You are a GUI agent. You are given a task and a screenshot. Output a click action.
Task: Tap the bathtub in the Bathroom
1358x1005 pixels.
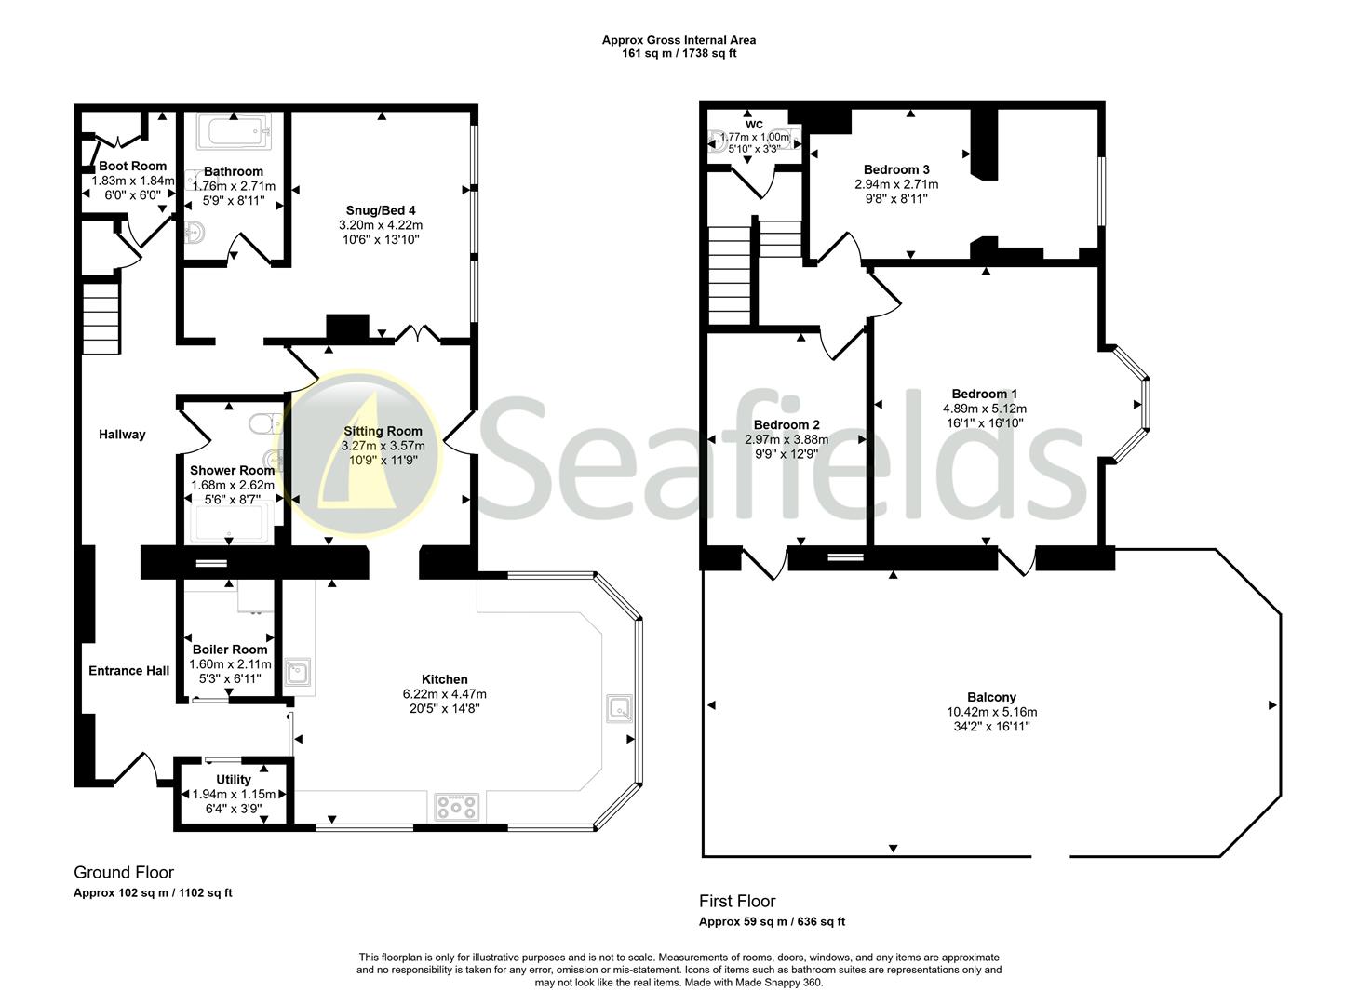(x=234, y=132)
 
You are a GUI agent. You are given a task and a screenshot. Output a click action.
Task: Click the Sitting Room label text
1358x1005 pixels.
(x=383, y=431)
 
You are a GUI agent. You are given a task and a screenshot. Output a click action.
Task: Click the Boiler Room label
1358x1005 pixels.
(x=230, y=650)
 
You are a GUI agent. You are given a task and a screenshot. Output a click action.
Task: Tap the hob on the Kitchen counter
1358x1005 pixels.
(x=457, y=807)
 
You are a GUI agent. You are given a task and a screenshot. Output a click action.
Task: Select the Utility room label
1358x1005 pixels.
(x=233, y=780)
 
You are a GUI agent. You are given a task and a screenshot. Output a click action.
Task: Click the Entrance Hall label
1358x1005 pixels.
(x=129, y=670)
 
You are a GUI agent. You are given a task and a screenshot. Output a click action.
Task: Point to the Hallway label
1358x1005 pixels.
(x=122, y=434)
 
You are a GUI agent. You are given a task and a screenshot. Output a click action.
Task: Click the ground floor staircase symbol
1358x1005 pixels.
(x=101, y=318)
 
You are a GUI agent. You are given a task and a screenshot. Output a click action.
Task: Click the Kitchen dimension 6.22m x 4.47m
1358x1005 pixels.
(x=444, y=694)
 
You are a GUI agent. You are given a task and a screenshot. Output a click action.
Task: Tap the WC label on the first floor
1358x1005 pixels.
(x=754, y=124)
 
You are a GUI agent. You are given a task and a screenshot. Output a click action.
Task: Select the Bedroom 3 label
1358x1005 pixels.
(x=896, y=169)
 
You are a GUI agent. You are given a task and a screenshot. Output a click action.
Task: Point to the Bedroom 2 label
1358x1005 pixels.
(x=787, y=424)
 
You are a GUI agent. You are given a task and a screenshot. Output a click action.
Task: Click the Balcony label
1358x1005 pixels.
(x=991, y=697)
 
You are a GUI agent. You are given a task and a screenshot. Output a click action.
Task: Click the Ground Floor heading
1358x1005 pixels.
(x=124, y=872)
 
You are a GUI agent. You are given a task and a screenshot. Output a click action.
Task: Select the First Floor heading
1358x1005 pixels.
(x=737, y=901)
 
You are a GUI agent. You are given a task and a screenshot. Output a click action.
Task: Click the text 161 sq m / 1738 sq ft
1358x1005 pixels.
(x=679, y=53)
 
